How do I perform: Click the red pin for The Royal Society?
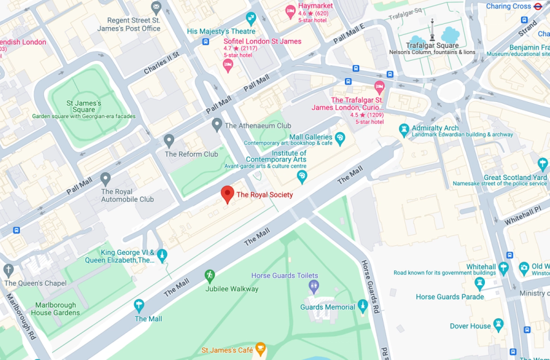[227, 194]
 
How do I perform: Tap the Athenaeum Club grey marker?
[217, 124]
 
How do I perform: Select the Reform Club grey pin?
[169, 140]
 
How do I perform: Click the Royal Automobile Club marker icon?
[106, 178]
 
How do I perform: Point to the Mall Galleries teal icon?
[340, 137]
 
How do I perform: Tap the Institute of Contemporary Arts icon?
[301, 175]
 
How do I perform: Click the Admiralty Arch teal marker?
[404, 130]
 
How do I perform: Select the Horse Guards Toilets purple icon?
[314, 286]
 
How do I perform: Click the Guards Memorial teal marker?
[363, 305]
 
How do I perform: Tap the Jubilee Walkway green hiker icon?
[210, 276]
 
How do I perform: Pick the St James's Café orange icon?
[260, 349]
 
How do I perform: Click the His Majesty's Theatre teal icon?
[251, 19]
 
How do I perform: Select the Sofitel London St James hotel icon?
[228, 65]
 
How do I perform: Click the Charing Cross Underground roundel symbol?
[538, 6]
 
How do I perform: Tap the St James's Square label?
[84, 106]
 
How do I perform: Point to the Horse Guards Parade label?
[449, 297]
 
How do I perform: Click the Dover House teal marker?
[498, 324]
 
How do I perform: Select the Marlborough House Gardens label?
[55, 309]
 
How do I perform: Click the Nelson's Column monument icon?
[432, 38]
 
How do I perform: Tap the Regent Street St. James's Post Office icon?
[156, 8]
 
